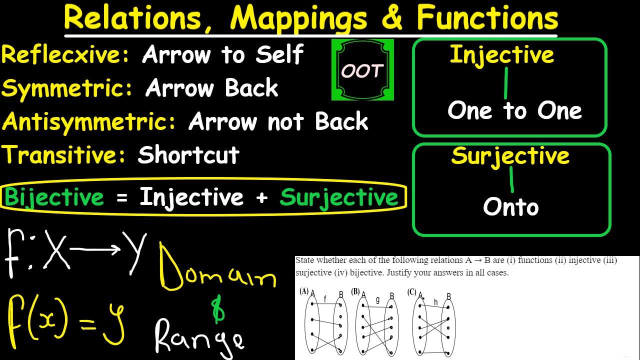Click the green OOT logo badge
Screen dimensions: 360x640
[362, 70]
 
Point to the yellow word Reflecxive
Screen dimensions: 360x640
[65, 54]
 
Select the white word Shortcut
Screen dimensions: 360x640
[188, 155]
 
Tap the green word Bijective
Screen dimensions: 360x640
[54, 197]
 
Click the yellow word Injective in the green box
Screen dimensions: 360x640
[502, 55]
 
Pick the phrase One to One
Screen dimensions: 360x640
[514, 110]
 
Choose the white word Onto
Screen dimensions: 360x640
[510, 206]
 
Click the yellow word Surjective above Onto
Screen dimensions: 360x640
[510, 155]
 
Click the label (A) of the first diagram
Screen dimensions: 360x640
[303, 291]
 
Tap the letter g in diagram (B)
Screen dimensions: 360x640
[378, 299]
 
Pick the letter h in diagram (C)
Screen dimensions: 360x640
[436, 301]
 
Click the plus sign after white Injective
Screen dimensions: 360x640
[261, 197]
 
